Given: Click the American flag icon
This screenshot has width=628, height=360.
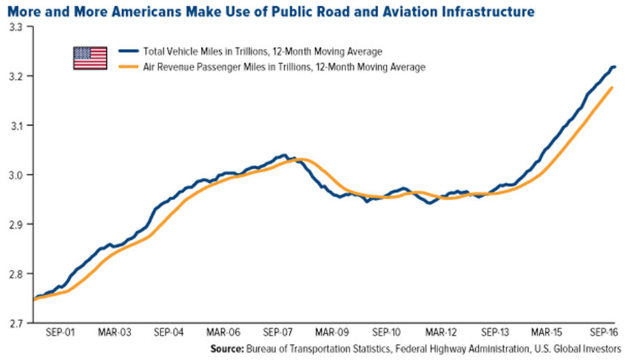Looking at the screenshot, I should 90,58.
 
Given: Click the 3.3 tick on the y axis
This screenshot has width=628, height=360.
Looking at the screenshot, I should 16,27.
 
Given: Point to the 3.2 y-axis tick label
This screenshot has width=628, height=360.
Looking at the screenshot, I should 16,76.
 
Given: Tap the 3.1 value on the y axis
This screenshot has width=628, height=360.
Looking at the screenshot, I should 16,126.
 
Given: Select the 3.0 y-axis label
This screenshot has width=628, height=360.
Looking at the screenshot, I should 16,175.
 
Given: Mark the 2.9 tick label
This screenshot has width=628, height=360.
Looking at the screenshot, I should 16,225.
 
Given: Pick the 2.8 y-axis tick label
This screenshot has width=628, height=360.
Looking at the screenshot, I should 16,274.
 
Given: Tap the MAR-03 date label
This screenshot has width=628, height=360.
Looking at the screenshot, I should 114,333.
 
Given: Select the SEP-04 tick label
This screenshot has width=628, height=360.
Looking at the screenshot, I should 168,333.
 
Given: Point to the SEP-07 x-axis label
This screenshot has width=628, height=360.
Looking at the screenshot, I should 277,333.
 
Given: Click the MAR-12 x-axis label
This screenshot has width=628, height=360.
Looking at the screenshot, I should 441,333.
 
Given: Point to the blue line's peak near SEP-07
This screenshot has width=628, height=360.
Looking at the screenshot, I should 283,155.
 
